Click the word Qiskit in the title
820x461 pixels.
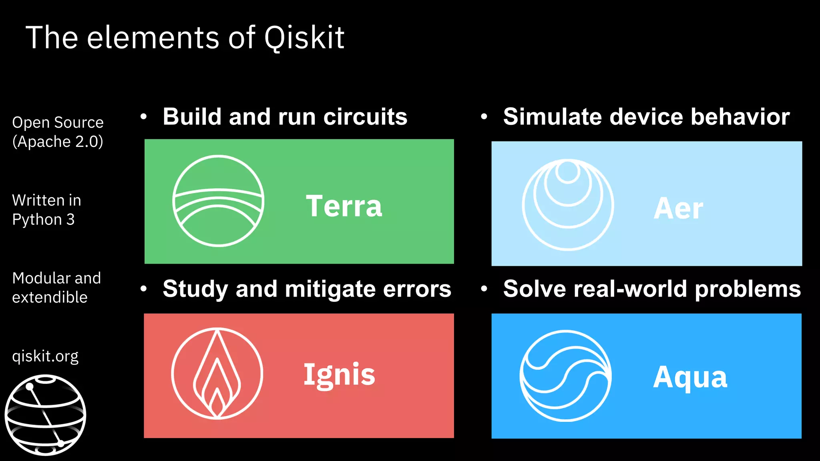pyautogui.click(x=304, y=38)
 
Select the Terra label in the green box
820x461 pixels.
pyautogui.click(x=344, y=206)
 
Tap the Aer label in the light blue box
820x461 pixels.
pyautogui.click(x=678, y=208)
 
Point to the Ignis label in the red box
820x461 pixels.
pyautogui.click(x=339, y=375)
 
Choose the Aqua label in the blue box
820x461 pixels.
pyautogui.click(x=690, y=377)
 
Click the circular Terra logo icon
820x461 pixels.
pyautogui.click(x=218, y=201)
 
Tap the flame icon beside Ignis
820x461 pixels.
pyautogui.click(x=217, y=374)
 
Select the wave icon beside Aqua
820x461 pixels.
pyautogui.click(x=565, y=376)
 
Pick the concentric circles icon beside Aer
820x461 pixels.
pyautogui.click(x=568, y=205)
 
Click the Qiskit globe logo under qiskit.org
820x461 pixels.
pyautogui.click(x=45, y=415)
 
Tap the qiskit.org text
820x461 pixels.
pyautogui.click(x=45, y=356)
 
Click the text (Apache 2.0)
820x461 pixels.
pyautogui.click(x=58, y=142)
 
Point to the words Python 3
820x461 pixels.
pyautogui.click(x=43, y=219)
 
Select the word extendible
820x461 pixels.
pyautogui.click(x=50, y=297)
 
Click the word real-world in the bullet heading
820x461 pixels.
pyautogui.click(x=631, y=289)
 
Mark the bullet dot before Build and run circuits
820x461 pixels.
pyautogui.click(x=144, y=117)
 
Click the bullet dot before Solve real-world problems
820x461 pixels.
pyautogui.click(x=484, y=289)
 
